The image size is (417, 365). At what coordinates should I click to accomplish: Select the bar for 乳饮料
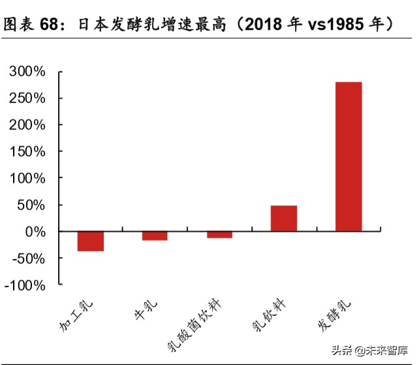tap(284, 218)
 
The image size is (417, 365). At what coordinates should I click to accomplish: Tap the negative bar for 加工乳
tap(91, 241)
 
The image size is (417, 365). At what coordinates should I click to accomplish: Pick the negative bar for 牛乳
tap(155, 236)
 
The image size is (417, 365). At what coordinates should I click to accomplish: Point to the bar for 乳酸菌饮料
tap(219, 234)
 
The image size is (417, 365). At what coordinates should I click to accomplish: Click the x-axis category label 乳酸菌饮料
tap(195, 325)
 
